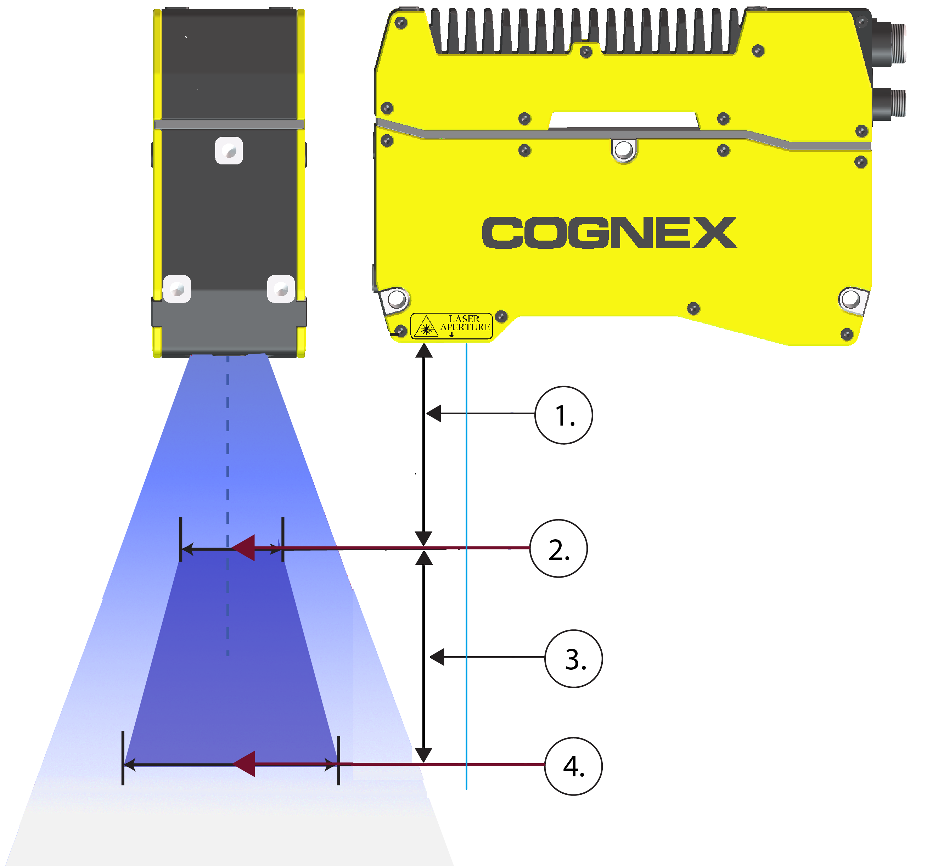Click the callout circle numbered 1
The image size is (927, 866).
coord(563,415)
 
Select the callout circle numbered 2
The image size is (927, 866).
coord(558,549)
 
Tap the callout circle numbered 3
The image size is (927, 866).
coord(574,658)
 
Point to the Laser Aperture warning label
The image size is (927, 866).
coord(451,326)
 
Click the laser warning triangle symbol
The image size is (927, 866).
coord(426,326)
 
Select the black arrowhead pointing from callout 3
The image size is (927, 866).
coord(437,657)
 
